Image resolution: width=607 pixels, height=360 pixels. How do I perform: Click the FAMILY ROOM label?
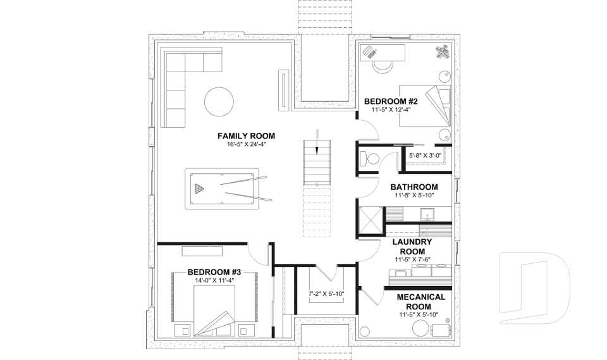[x=246, y=136]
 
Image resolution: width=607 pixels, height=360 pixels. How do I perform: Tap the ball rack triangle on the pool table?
[x=200, y=188]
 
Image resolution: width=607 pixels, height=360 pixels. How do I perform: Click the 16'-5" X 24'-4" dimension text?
[x=246, y=145]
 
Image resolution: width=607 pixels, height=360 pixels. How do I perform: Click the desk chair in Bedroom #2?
[x=383, y=64]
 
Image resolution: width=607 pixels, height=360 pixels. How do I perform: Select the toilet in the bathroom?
[x=371, y=159]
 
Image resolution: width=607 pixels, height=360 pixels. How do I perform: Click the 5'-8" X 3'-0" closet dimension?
[x=424, y=155]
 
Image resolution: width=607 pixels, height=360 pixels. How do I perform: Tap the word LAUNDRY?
[x=412, y=242]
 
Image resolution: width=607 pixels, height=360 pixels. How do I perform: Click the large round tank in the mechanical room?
[x=420, y=328]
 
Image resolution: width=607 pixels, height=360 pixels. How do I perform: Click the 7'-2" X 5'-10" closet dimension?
[x=326, y=294]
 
